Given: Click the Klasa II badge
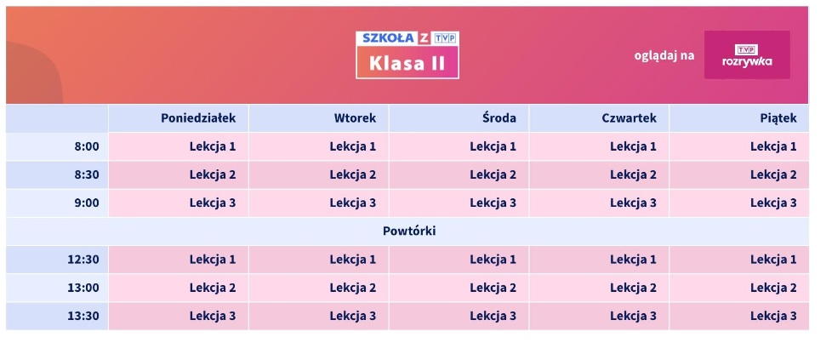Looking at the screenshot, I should (x=407, y=64).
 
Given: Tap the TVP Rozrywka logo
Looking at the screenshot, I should (x=746, y=55).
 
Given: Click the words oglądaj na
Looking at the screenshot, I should (x=664, y=55).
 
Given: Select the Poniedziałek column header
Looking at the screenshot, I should (x=198, y=118).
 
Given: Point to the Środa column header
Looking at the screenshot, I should (x=498, y=118).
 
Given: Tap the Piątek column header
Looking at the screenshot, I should (x=778, y=118).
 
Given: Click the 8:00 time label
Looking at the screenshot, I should (x=87, y=146).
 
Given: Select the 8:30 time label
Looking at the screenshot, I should (x=87, y=174).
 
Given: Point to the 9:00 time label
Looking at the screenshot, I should (x=87, y=203).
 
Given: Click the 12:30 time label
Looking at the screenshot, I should (x=83, y=260).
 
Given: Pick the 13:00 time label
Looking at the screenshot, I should (x=83, y=288).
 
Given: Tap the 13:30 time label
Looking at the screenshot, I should (x=83, y=316).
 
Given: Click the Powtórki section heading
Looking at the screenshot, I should (x=409, y=231).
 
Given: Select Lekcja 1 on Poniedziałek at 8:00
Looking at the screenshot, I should (x=213, y=146).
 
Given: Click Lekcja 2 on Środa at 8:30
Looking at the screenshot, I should (x=493, y=174).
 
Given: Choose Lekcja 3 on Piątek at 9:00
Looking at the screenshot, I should (x=773, y=203).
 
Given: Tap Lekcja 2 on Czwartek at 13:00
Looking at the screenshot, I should (x=633, y=288).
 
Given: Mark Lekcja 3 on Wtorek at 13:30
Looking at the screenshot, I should (x=353, y=316).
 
